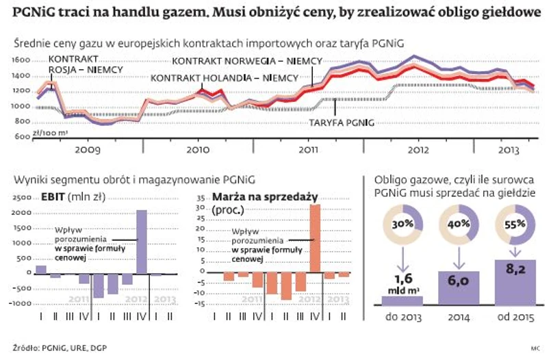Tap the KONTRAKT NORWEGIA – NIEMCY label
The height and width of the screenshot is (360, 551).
click(x=246, y=61)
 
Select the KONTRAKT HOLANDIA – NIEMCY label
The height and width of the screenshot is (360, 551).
click(x=222, y=78)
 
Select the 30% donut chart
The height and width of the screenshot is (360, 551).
click(x=402, y=224)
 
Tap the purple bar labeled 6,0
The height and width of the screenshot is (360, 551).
click(x=459, y=287)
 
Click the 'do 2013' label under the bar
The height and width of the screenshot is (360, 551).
click(x=402, y=318)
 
